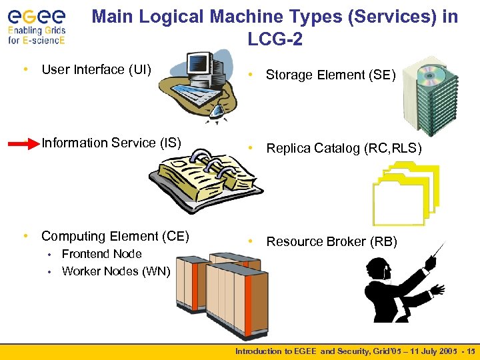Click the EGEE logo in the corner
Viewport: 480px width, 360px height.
(x=37, y=25)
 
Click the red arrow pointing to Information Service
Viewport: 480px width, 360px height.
(x=23, y=143)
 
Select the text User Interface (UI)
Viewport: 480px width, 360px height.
(x=96, y=69)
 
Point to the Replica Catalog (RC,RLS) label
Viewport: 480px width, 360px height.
(x=344, y=148)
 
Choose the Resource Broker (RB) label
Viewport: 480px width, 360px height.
(x=331, y=241)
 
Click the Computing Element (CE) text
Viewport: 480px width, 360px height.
(x=115, y=236)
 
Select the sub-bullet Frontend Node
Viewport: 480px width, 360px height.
(x=101, y=254)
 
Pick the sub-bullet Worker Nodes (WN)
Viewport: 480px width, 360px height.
(x=115, y=271)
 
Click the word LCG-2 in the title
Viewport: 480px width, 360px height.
(x=275, y=40)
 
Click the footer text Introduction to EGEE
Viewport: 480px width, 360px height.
(x=279, y=351)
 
